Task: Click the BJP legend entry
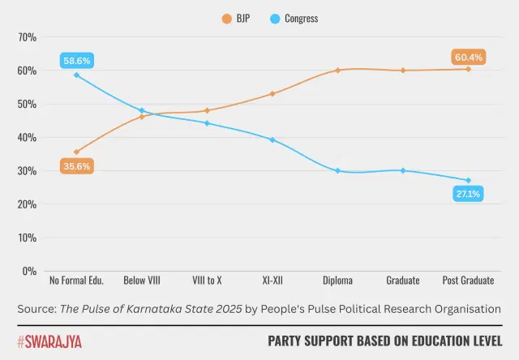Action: point(240,17)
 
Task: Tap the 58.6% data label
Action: point(76,61)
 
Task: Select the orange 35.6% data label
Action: point(76,166)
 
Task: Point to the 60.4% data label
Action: point(469,57)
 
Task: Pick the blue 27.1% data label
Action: point(469,194)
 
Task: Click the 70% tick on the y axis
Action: point(27,37)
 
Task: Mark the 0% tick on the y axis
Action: point(29,272)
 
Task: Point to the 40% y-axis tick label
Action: point(27,138)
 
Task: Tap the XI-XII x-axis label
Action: point(272,281)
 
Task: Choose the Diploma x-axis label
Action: point(337,281)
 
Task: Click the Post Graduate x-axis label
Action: point(469,281)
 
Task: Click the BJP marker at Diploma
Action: point(337,71)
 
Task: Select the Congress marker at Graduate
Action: point(403,170)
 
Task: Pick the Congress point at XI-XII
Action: point(272,139)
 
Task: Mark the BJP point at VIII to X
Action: point(207,110)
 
